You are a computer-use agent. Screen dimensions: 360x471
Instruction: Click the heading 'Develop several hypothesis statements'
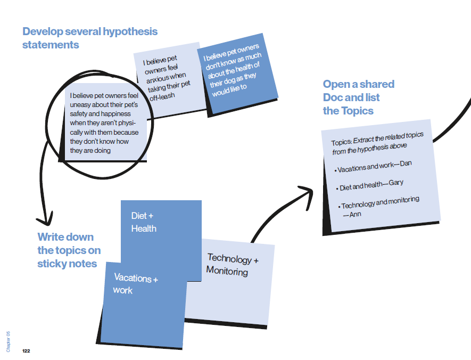coord(89,38)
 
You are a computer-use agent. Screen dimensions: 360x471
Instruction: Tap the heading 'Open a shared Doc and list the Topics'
coord(358,97)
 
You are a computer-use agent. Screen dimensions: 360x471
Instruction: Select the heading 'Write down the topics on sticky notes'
coord(69,250)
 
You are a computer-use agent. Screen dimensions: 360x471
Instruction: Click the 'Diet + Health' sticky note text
coord(144,222)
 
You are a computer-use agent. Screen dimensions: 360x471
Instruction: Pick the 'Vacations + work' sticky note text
coord(135,284)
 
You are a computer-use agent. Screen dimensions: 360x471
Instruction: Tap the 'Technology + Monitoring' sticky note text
coord(233,265)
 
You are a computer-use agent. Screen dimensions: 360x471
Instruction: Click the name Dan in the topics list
coord(406,163)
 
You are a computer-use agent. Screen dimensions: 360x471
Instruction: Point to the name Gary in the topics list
coord(396,183)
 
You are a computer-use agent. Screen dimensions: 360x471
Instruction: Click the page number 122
coord(26,351)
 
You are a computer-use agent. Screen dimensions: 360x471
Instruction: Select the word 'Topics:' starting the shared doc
coord(341,143)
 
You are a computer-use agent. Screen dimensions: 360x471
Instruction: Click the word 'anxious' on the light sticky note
coord(158,78)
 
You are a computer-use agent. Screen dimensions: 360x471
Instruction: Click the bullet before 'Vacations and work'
coord(335,170)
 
